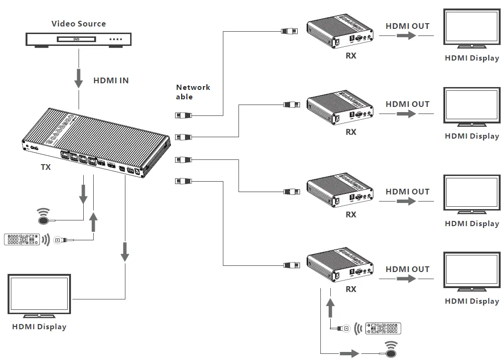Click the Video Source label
pyautogui.click(x=79, y=24)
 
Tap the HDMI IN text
pyautogui.click(x=111, y=80)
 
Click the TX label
pyautogui.click(x=45, y=167)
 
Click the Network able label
pyautogui.click(x=193, y=92)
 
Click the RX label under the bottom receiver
pyautogui.click(x=351, y=290)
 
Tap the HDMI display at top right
pyautogui.click(x=471, y=28)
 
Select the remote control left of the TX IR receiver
pyautogui.click(x=22, y=239)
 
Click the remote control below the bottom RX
pyautogui.click(x=383, y=329)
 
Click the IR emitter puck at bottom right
pyautogui.click(x=390, y=352)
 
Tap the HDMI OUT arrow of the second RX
pyautogui.click(x=406, y=114)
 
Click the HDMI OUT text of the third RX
pyautogui.click(x=407, y=192)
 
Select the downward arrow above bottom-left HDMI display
pyautogui.click(x=125, y=252)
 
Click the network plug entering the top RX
pyautogui.click(x=290, y=31)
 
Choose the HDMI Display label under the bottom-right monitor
pyautogui.click(x=472, y=301)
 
